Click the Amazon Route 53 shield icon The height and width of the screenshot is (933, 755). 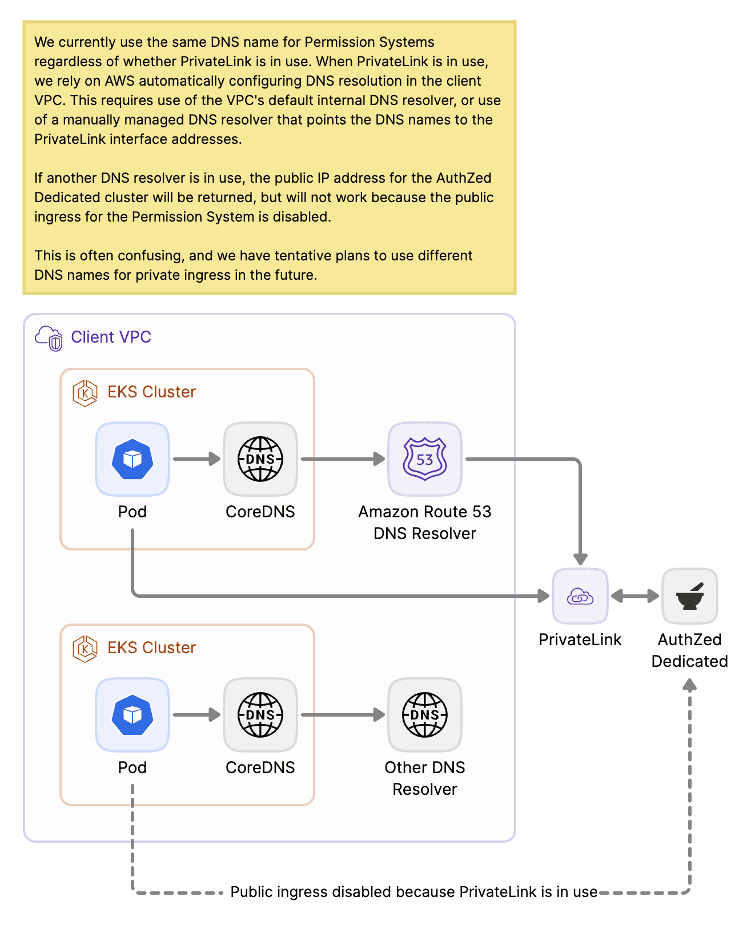click(424, 459)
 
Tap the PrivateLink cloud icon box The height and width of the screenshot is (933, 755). click(580, 596)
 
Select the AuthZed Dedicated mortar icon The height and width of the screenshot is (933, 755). click(689, 596)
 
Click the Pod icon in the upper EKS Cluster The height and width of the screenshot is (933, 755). click(132, 459)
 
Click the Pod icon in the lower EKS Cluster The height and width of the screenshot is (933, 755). click(132, 715)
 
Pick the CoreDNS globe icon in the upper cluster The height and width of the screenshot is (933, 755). click(260, 459)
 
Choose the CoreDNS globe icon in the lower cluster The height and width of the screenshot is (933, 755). click(260, 715)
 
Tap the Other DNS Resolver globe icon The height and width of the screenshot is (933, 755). click(424, 715)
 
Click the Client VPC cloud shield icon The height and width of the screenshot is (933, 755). click(49, 338)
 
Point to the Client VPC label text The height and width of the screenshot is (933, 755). click(111, 337)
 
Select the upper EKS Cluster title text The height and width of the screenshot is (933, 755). click(151, 392)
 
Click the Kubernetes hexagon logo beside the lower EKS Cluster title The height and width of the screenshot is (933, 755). click(85, 649)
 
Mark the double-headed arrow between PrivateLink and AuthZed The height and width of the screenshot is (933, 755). click(634, 596)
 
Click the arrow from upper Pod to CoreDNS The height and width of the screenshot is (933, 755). click(196, 459)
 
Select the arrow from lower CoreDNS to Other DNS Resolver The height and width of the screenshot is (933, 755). click(343, 714)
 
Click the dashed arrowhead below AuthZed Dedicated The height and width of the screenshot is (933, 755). click(690, 685)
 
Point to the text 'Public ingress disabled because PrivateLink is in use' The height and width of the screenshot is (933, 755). click(413, 892)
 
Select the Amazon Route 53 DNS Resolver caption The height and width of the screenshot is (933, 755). click(424, 522)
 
